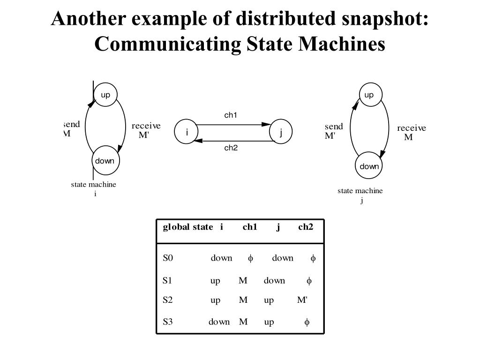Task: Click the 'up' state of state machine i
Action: (105, 95)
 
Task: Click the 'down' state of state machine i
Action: (105, 161)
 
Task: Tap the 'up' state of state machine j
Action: (370, 95)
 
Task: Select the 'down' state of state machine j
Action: (369, 165)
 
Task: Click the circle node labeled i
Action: (187, 132)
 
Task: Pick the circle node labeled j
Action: (281, 132)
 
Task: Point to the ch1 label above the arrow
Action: (231, 115)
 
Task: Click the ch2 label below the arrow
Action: (231, 148)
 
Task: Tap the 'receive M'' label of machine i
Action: (146, 130)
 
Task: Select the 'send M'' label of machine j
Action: (334, 131)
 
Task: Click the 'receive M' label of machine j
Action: (412, 132)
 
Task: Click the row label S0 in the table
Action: (168, 258)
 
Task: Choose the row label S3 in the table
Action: (168, 322)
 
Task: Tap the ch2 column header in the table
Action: (306, 227)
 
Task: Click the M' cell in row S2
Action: (302, 300)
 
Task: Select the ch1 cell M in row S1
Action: (243, 280)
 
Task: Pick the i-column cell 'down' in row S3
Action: (219, 322)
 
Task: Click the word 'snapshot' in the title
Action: (385, 18)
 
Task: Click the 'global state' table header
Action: (187, 227)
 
